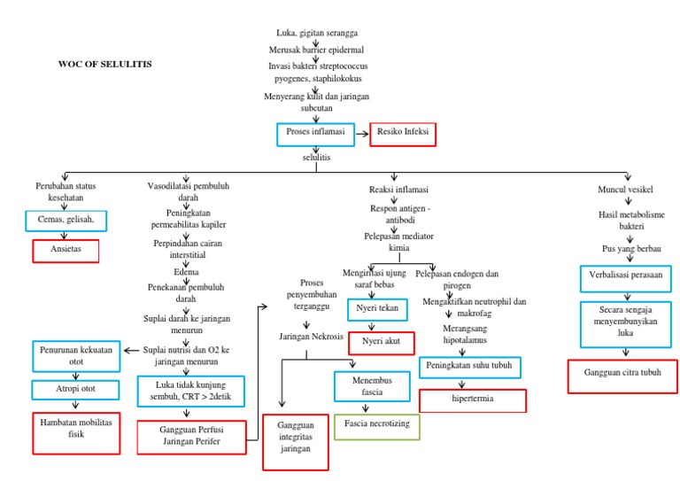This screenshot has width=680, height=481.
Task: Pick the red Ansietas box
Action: click(x=66, y=251)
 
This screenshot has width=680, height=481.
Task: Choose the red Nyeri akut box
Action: click(x=381, y=342)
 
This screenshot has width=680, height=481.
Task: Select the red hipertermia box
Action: click(x=472, y=400)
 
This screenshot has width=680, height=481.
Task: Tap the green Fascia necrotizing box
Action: click(x=376, y=426)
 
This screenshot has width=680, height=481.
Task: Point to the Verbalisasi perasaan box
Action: click(x=625, y=276)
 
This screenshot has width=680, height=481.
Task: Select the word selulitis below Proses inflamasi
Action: click(x=316, y=156)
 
